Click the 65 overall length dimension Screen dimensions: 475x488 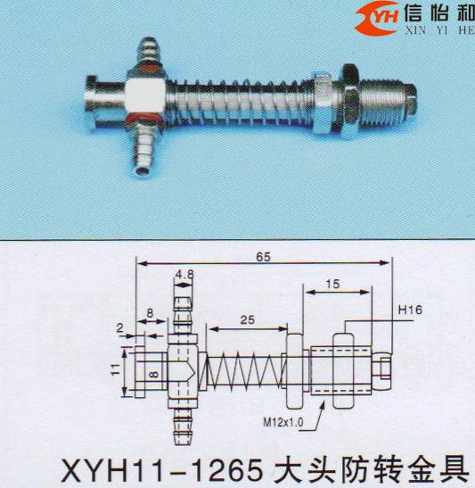(263, 257)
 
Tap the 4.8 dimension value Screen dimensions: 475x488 (184, 275)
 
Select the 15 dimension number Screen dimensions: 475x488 (332, 284)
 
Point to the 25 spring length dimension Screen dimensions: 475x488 (248, 319)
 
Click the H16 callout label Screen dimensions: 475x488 (410, 310)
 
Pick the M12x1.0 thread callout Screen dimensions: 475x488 (283, 422)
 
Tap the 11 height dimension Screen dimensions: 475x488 (116, 369)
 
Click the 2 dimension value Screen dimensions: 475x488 (120, 327)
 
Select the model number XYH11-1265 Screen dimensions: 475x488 (162, 470)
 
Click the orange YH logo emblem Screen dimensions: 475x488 (377, 18)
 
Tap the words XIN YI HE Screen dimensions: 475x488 (439, 30)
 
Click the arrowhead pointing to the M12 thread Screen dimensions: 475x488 (323, 406)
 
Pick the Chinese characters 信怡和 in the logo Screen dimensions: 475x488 (439, 13)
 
